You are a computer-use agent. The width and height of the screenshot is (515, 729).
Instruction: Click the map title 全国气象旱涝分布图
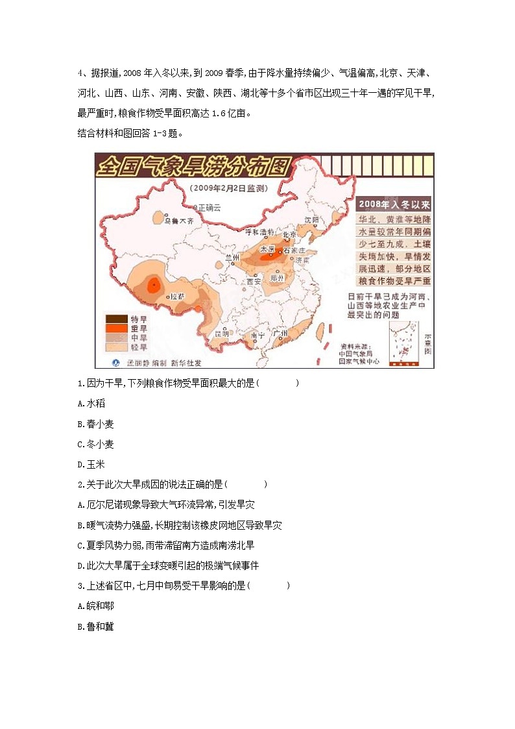pos(191,167)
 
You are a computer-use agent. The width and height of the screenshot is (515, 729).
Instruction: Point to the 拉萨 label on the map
pos(177,295)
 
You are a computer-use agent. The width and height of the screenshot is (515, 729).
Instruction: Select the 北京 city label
pos(289,234)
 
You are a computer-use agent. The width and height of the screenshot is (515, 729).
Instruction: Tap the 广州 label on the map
pos(281,333)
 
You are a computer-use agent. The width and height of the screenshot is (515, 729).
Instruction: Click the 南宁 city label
pos(257,336)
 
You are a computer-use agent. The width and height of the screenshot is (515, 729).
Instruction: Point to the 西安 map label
pos(253,282)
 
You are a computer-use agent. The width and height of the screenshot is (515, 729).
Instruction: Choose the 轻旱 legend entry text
pos(139,347)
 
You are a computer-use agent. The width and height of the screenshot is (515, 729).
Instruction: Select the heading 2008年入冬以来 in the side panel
pos(395,203)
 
